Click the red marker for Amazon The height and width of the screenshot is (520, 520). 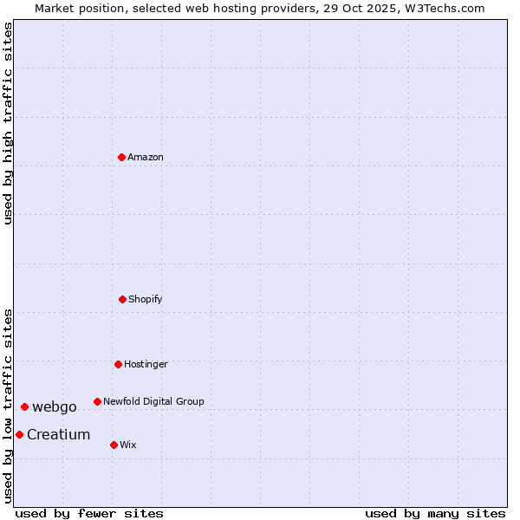(x=121, y=157)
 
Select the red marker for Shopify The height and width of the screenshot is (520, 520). (x=122, y=299)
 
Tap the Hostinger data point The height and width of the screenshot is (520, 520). (x=118, y=364)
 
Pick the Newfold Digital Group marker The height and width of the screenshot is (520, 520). (x=97, y=401)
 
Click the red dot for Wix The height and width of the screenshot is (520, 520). (x=114, y=445)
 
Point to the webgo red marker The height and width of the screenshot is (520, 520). (x=24, y=406)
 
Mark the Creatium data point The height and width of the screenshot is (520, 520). (x=19, y=434)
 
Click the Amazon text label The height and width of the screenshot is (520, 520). (x=146, y=157)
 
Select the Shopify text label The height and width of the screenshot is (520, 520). (x=146, y=299)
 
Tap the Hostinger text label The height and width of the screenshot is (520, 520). (x=146, y=364)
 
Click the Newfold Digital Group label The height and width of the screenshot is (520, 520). (x=153, y=401)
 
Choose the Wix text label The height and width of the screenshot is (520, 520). (x=128, y=445)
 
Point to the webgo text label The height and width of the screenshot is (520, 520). (x=55, y=407)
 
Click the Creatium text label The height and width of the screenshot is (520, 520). (x=58, y=435)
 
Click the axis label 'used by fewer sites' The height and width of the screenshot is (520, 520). (x=89, y=513)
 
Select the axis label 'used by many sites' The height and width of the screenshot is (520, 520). (x=435, y=513)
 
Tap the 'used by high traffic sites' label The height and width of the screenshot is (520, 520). (x=8, y=123)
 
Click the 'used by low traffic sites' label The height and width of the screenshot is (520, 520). (x=8, y=405)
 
